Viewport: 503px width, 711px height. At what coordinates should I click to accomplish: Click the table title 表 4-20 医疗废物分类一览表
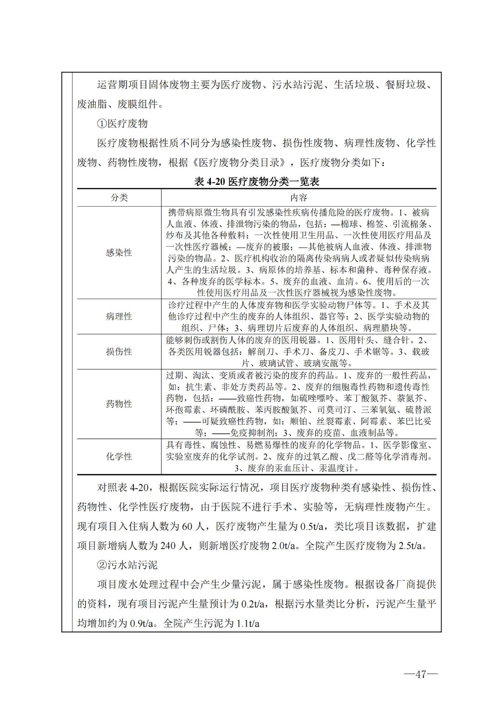257,181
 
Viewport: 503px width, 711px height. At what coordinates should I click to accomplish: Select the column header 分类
119,197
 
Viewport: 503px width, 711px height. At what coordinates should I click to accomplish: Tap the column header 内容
298,197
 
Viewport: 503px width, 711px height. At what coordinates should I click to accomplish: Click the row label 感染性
119,252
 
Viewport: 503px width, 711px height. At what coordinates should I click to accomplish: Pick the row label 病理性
119,316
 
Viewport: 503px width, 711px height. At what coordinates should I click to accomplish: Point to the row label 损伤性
119,352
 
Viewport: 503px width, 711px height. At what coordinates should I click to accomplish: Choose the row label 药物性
119,404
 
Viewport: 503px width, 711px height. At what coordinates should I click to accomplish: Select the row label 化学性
119,456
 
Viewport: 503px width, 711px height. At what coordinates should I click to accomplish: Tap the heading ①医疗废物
122,124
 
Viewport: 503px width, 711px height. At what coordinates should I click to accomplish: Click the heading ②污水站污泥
127,565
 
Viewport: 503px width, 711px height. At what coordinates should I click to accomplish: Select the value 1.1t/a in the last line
248,623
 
